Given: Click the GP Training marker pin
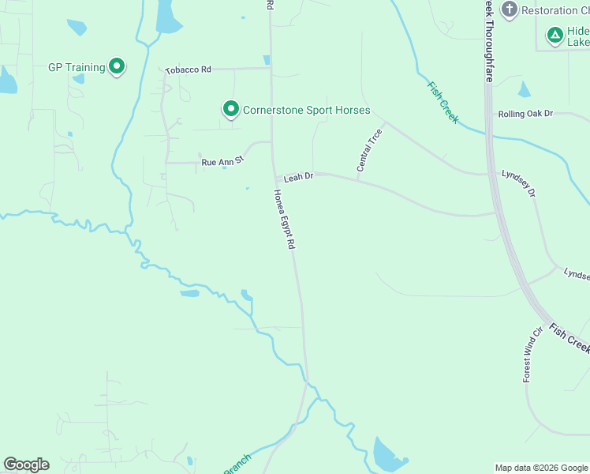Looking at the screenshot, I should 117,66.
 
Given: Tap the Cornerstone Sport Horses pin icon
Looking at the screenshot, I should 230,109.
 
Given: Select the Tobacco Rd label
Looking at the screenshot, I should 188,70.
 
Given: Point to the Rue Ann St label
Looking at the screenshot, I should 223,161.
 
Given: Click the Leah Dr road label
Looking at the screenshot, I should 299,177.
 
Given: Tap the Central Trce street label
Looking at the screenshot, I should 369,150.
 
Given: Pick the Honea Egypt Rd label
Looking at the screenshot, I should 284,220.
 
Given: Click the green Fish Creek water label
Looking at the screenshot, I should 442,101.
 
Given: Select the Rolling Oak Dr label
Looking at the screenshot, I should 525,114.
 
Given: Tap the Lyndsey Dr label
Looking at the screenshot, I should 519,182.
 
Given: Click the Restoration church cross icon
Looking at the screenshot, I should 509,9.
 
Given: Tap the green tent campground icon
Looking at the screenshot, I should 555,35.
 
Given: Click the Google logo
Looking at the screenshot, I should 26,465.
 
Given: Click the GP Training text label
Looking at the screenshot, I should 77,67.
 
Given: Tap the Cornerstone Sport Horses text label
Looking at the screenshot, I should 307,110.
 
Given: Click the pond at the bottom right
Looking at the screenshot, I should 388,453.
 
